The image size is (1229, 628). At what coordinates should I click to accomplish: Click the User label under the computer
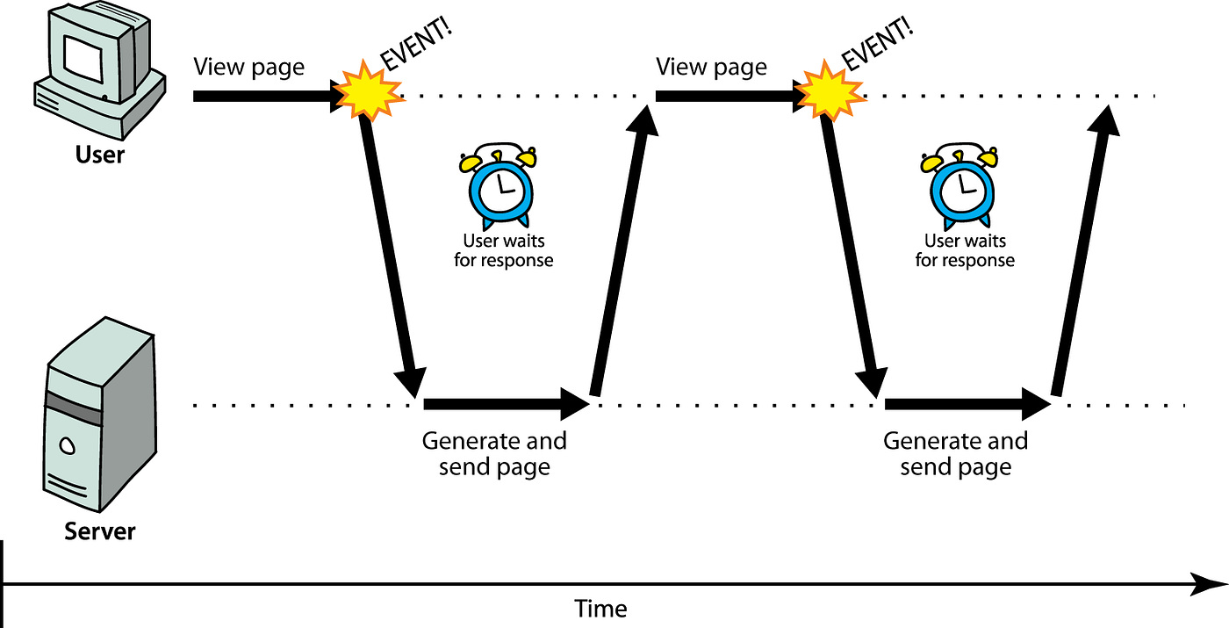point(99,155)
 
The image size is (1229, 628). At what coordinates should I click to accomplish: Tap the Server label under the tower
point(99,531)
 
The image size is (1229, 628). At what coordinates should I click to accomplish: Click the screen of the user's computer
point(83,59)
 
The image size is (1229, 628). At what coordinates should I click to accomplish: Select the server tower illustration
point(100,415)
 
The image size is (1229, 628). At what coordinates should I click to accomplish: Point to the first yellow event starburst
point(368,90)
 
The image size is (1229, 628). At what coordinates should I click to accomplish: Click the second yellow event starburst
point(830,90)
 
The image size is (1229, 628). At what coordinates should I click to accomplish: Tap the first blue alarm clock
point(499,186)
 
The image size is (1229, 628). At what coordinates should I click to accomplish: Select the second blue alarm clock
point(960,186)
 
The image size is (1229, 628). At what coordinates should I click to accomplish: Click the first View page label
point(248,68)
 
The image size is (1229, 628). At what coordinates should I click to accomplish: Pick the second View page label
point(711,68)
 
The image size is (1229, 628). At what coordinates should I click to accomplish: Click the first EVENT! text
point(416,44)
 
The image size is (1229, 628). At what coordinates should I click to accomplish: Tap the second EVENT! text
point(878,44)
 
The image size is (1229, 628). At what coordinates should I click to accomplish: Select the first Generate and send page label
point(494,454)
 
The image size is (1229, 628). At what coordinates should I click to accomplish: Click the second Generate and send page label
point(956,454)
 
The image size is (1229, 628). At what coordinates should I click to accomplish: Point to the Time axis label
point(600,609)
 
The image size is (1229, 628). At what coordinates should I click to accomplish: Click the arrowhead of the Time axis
point(1210,584)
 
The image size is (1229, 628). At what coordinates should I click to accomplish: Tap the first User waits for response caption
point(504,250)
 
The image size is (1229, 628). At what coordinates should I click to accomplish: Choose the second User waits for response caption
point(965,250)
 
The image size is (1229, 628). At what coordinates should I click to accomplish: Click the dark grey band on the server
point(74,408)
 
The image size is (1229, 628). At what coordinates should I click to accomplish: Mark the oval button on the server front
point(68,446)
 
